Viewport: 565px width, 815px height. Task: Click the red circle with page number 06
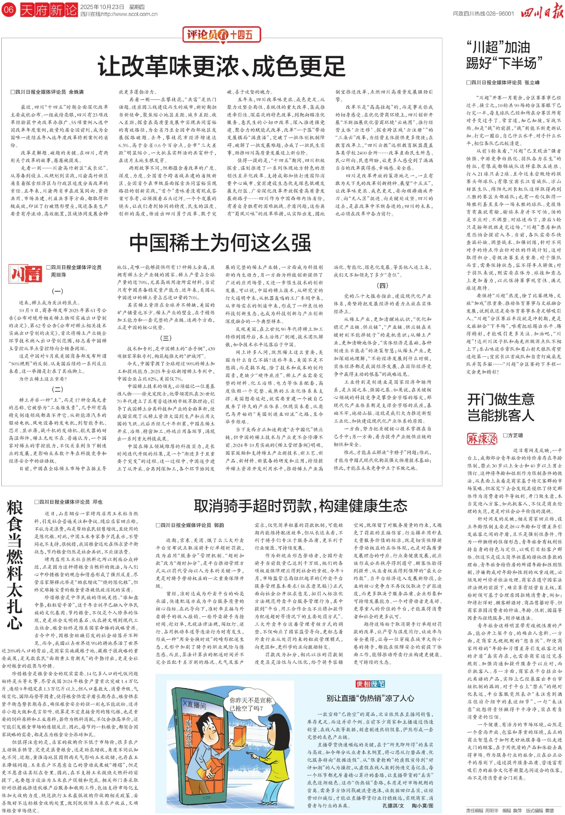[x=9, y=9]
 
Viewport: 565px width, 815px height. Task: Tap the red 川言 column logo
[x=27, y=274]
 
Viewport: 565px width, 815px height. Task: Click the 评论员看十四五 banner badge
[x=219, y=35]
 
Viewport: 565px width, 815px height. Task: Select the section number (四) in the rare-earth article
[x=382, y=285]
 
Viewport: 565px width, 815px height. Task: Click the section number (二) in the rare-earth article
[x=58, y=389]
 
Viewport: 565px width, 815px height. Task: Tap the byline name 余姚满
[x=76, y=92]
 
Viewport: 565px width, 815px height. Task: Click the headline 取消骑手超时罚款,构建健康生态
[x=301, y=506]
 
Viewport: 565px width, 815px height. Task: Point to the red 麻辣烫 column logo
[x=482, y=438]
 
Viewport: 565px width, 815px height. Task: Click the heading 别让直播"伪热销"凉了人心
[x=370, y=698]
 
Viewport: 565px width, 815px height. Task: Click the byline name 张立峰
[x=532, y=82]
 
